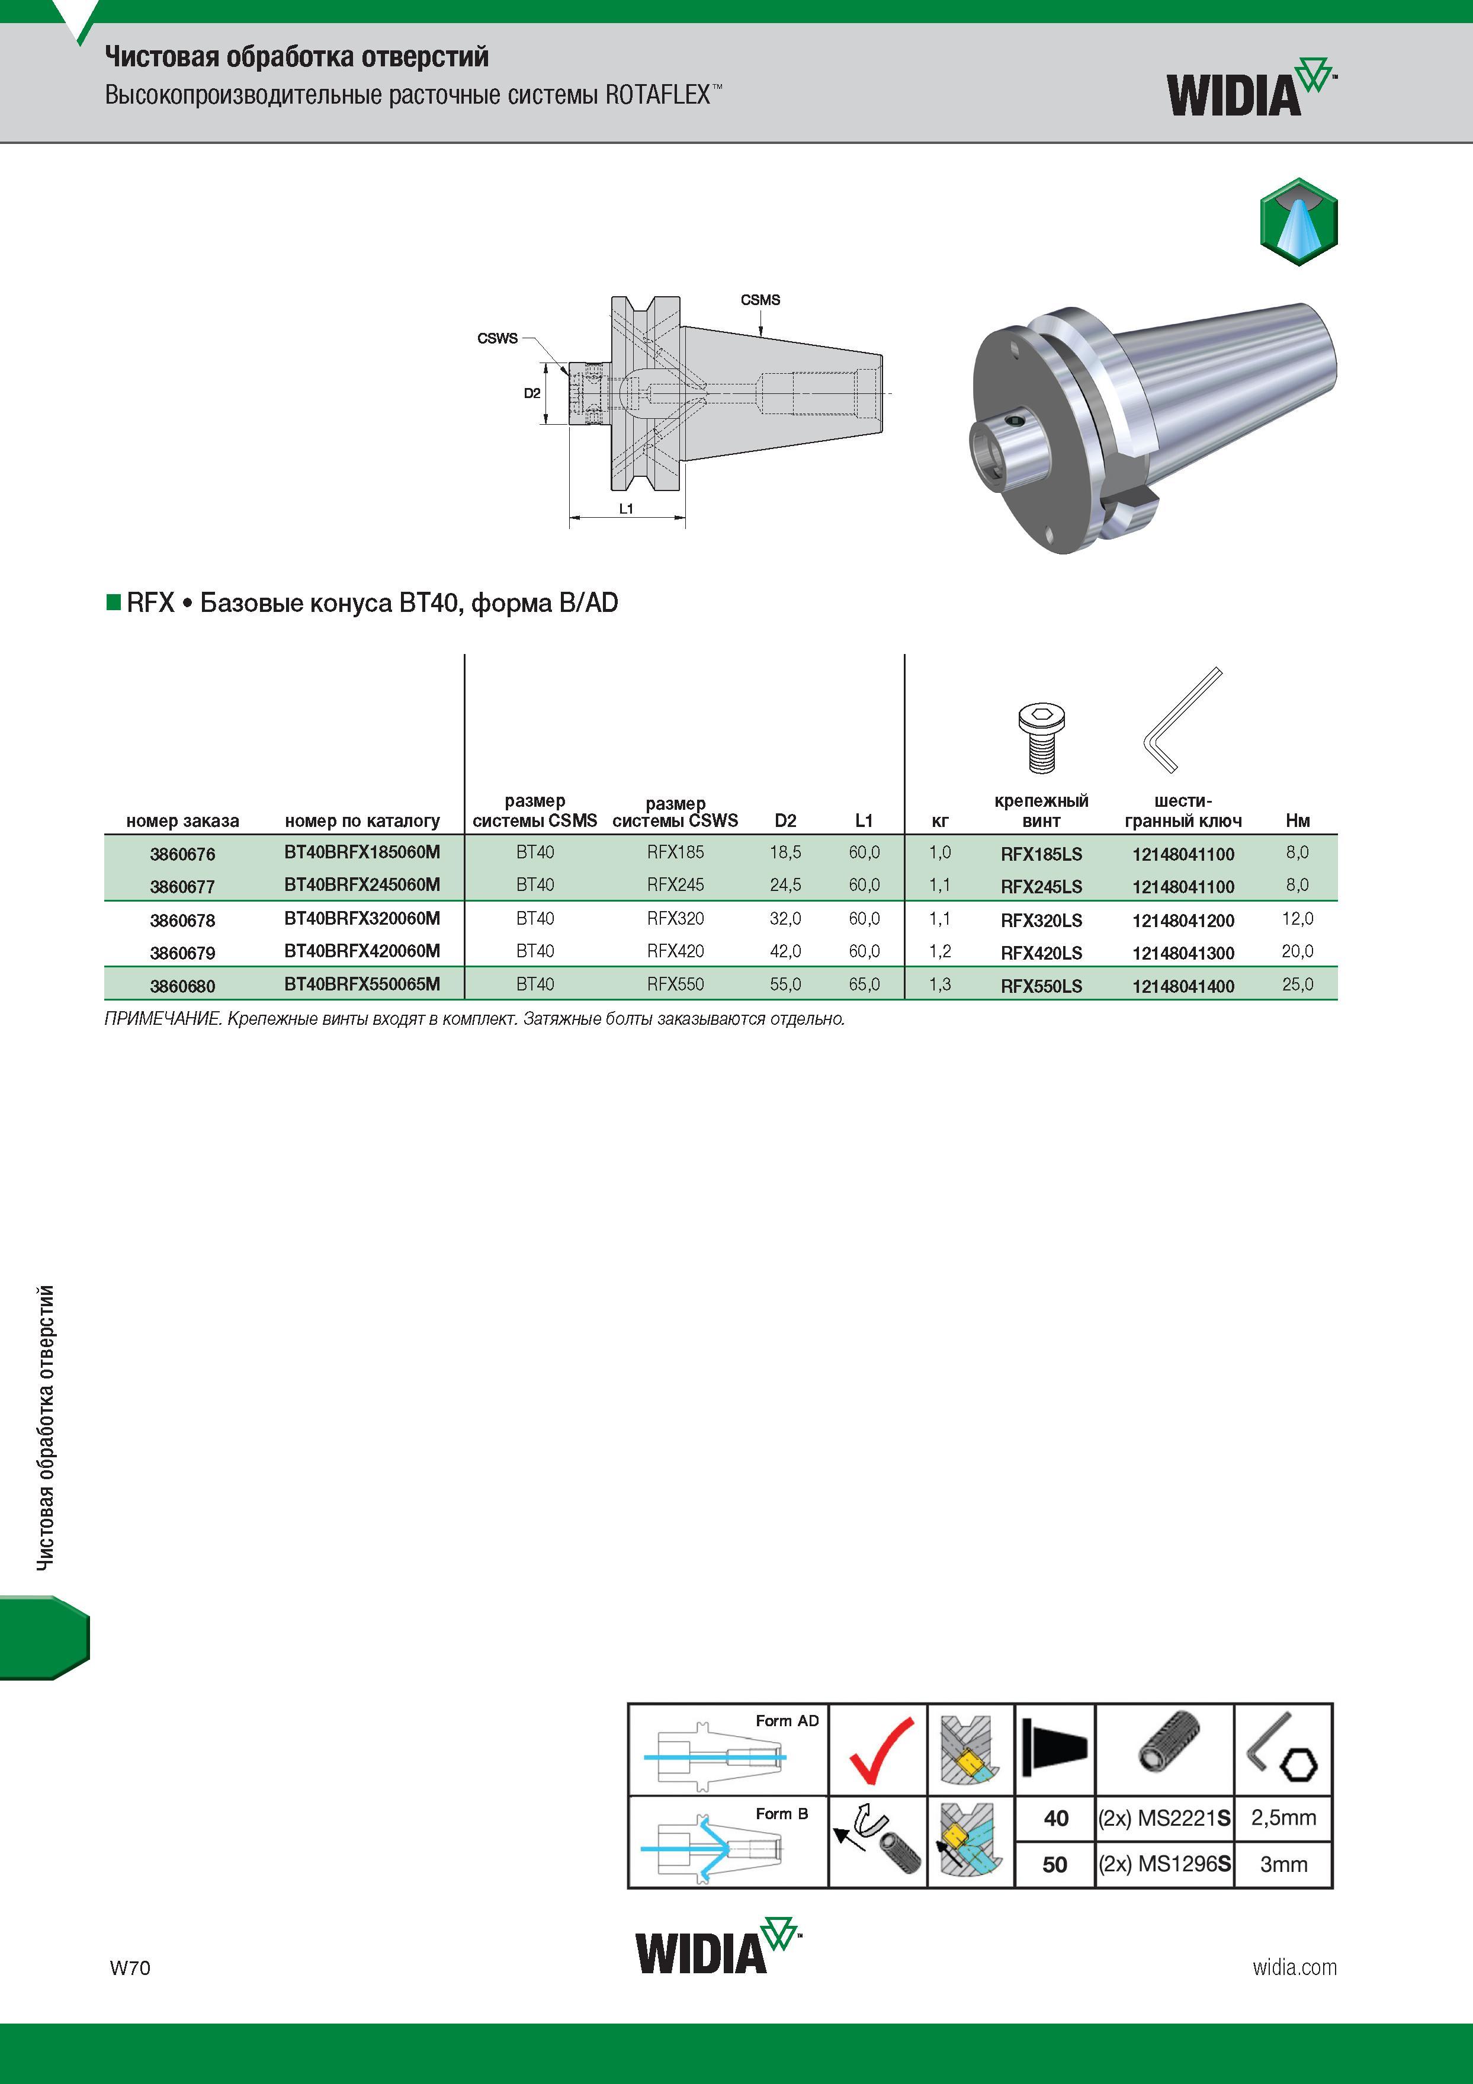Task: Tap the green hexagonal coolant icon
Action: (1299, 222)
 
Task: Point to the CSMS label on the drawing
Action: (760, 300)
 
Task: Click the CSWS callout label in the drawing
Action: (498, 339)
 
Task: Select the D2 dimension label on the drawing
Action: (532, 393)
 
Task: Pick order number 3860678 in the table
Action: (182, 921)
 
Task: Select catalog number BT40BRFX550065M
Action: (362, 984)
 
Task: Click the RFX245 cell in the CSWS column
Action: (675, 885)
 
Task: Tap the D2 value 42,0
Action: (785, 951)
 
